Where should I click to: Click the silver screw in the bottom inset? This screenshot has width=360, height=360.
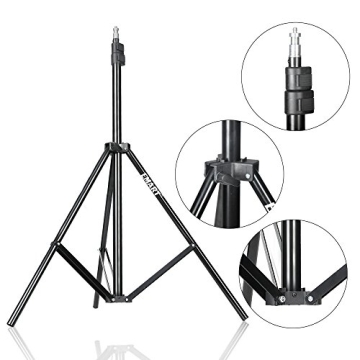tap(283, 297)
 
